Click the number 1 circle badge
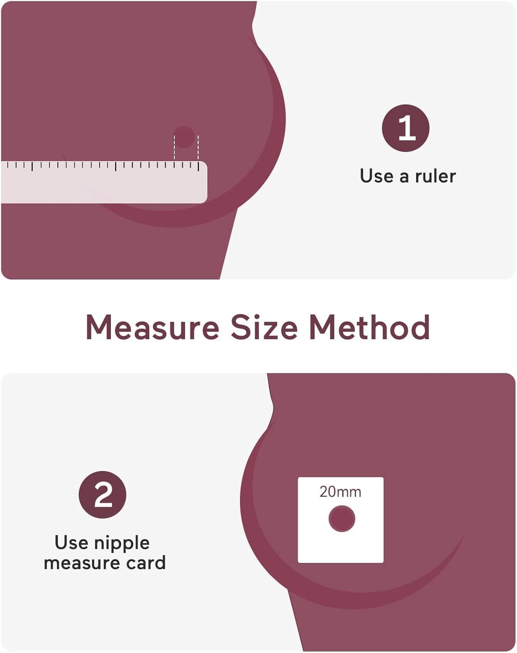(x=406, y=128)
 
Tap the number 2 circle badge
(x=103, y=495)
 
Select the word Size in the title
(x=264, y=327)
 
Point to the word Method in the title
(x=369, y=327)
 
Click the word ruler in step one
(x=436, y=176)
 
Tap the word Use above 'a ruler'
(x=377, y=176)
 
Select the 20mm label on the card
(x=340, y=492)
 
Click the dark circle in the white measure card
(x=342, y=518)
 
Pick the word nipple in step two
(x=122, y=544)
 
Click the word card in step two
(x=146, y=563)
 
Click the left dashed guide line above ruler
(x=174, y=148)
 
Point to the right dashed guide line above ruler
(x=198, y=148)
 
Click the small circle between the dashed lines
(x=183, y=137)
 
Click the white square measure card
(x=340, y=520)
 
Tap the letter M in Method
(x=321, y=327)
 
